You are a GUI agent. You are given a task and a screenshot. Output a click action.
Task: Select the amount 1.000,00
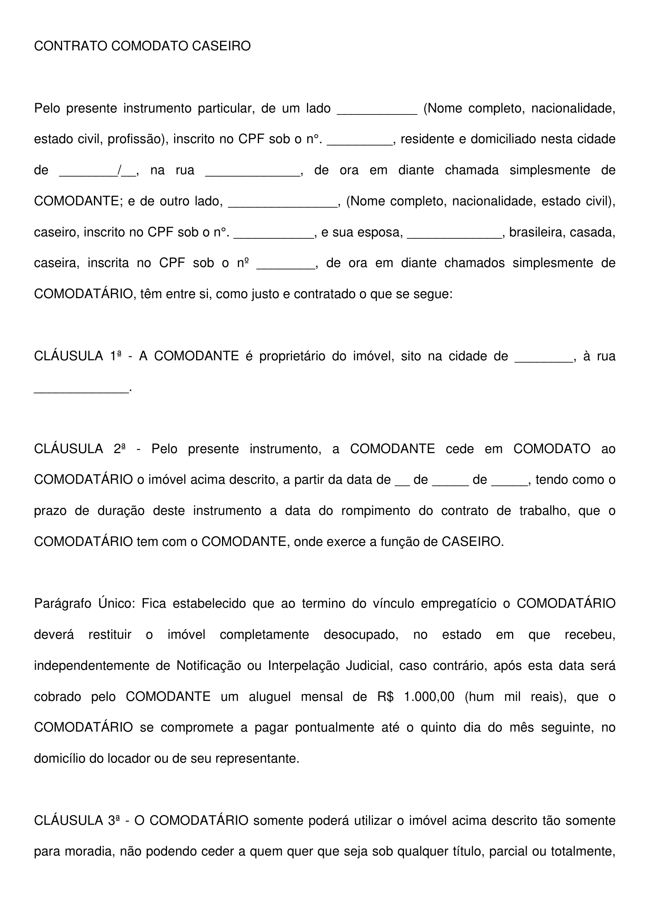click(x=429, y=697)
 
